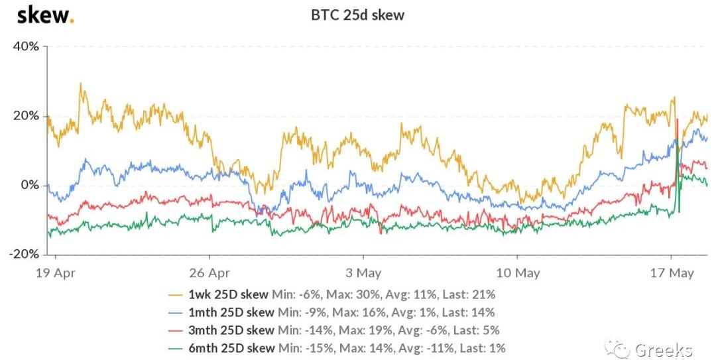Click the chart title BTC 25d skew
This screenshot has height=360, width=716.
(357, 15)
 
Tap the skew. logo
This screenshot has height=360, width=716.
(45, 15)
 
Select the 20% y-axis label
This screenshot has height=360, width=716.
(26, 116)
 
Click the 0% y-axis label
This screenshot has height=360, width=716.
(30, 185)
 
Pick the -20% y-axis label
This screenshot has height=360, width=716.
(24, 255)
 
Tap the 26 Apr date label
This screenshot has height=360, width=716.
(209, 272)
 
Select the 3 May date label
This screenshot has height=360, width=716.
(363, 272)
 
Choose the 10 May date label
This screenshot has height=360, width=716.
(517, 272)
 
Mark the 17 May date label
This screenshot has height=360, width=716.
(671, 272)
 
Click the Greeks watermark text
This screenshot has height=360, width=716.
(664, 349)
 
